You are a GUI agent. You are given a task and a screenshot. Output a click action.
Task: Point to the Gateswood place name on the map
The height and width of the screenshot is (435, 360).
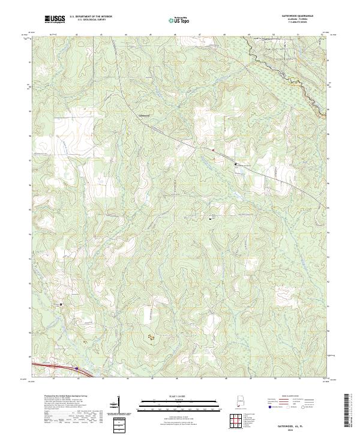[x=145, y=113]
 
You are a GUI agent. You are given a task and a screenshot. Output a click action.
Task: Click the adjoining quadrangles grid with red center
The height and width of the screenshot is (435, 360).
[x=240, y=421]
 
